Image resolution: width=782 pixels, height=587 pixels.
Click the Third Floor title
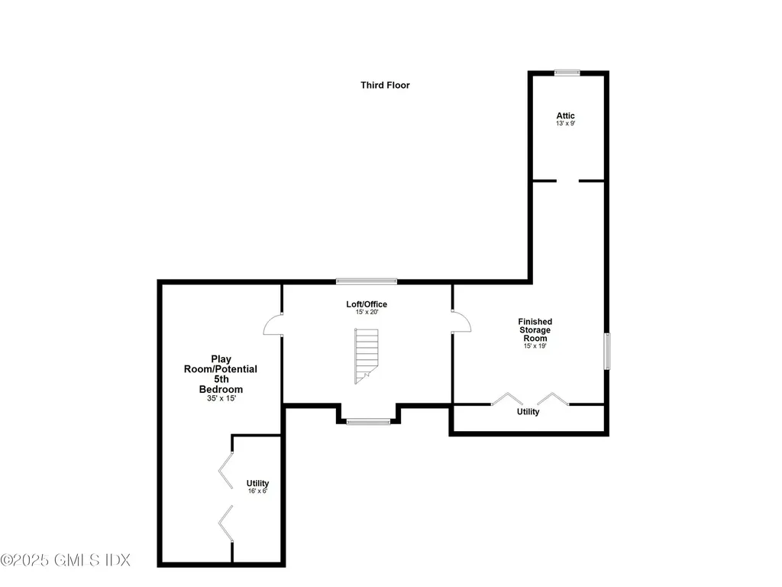coord(385,85)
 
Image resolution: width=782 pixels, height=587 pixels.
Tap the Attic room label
coord(565,115)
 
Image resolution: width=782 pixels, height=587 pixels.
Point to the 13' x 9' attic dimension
coord(565,123)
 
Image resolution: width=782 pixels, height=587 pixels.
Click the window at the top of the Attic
coord(567,73)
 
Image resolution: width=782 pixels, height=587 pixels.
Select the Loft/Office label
coord(367,304)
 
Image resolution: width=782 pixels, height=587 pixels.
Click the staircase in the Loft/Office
coord(366,355)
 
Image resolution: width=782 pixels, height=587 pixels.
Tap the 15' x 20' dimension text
coord(367,312)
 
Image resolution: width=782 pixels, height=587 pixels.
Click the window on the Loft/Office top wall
coord(367,281)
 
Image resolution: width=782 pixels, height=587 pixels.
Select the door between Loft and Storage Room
coord(460,322)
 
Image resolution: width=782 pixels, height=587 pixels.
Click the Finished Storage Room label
coord(535,330)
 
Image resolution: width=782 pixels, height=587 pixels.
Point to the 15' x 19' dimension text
coord(535,345)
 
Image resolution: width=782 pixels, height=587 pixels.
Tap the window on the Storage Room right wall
coord(607,352)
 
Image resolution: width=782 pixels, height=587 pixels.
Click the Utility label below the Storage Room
coord(528,412)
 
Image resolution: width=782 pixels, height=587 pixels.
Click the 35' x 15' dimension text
coord(221,398)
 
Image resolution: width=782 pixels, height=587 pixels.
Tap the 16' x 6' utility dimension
coord(257,491)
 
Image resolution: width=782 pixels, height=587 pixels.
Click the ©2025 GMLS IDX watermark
coord(66,560)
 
